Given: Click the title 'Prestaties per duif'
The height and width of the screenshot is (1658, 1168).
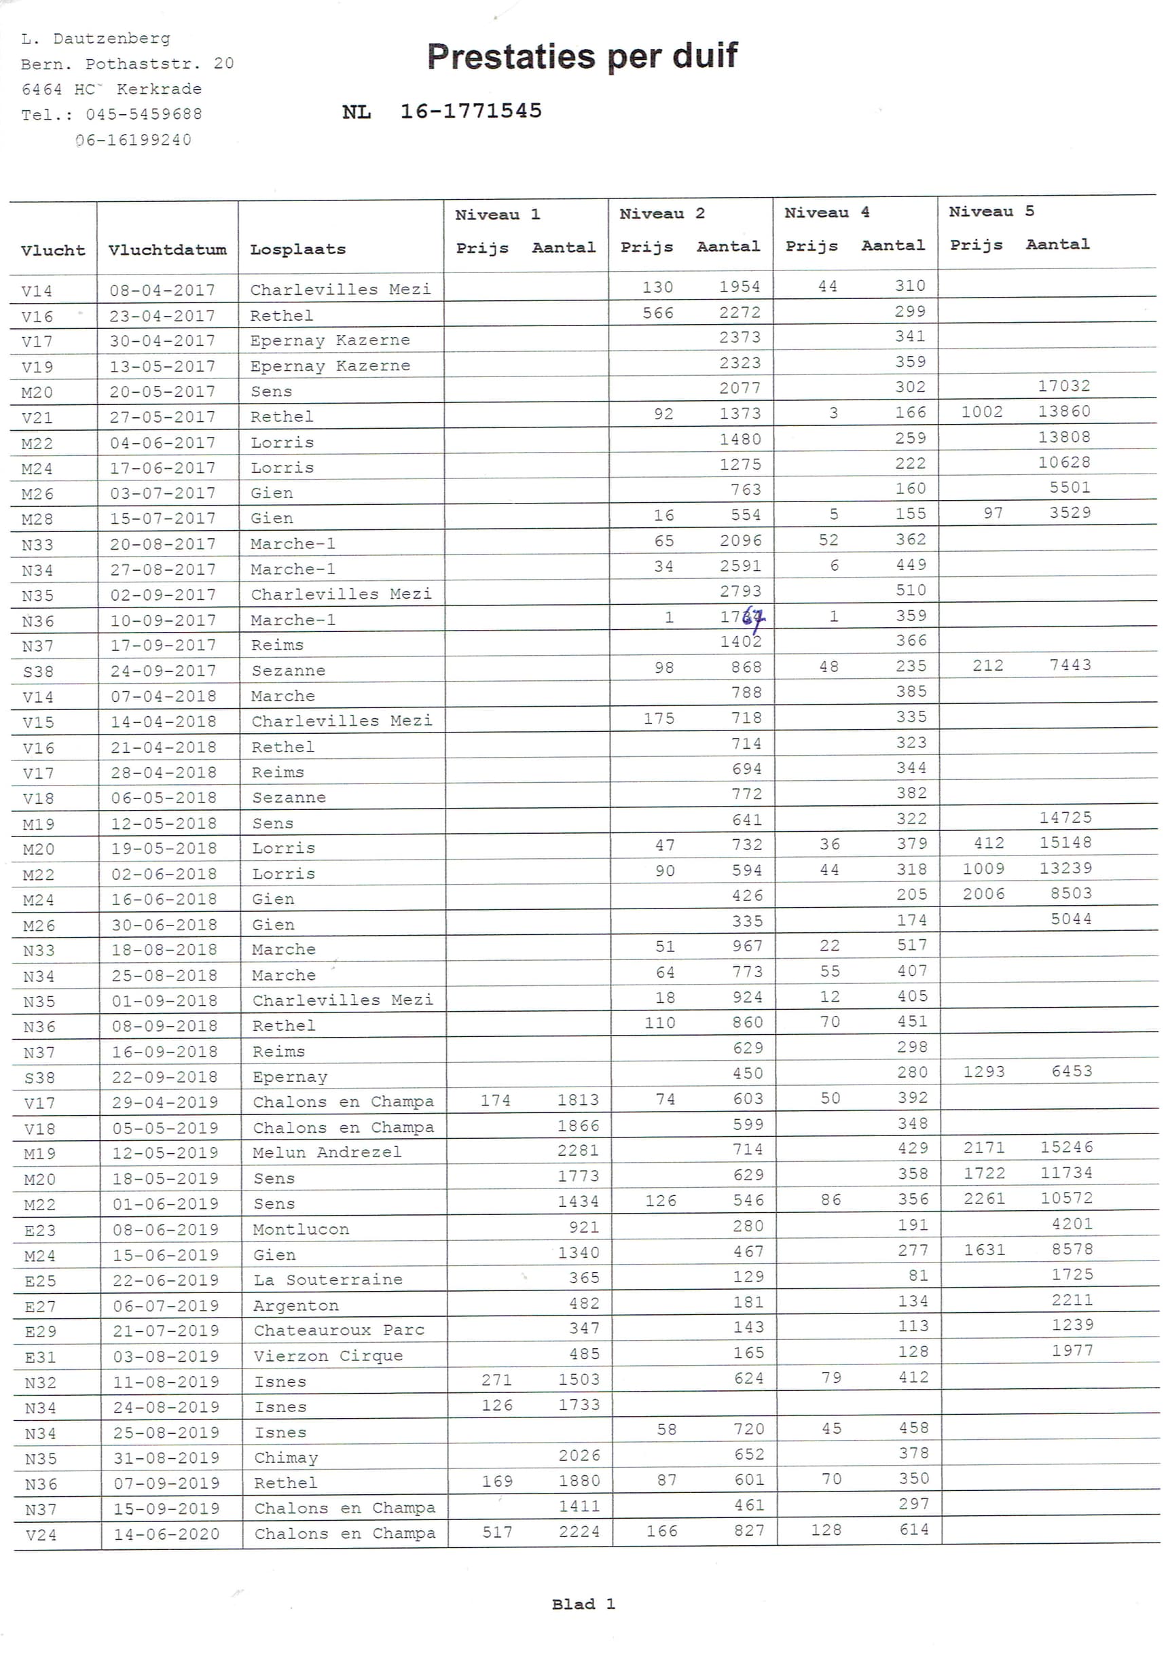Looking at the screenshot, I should [x=582, y=56].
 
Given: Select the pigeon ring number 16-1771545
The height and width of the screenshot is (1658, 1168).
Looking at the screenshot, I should [x=471, y=111].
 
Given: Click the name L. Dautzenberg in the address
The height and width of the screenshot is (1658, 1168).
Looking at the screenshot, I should [x=96, y=39].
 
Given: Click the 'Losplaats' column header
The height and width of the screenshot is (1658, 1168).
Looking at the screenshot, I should [x=297, y=250].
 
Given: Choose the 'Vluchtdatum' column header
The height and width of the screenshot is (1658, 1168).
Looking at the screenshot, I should [x=168, y=250].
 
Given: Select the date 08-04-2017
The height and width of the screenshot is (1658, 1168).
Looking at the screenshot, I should [x=162, y=290].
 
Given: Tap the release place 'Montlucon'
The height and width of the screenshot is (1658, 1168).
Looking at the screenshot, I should [x=301, y=1229].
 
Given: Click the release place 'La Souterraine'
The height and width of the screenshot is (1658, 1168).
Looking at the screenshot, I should [x=328, y=1280].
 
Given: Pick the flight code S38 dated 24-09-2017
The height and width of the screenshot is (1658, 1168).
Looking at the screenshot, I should [x=38, y=671].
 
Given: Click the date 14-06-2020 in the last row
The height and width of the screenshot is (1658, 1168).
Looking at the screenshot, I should [x=167, y=1534].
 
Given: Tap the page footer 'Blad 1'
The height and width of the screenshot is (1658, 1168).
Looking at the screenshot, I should [x=583, y=1604].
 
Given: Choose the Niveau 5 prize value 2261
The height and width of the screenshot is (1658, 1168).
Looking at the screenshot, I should [x=984, y=1199].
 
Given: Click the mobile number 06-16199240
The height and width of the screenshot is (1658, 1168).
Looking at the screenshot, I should [x=134, y=140].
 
